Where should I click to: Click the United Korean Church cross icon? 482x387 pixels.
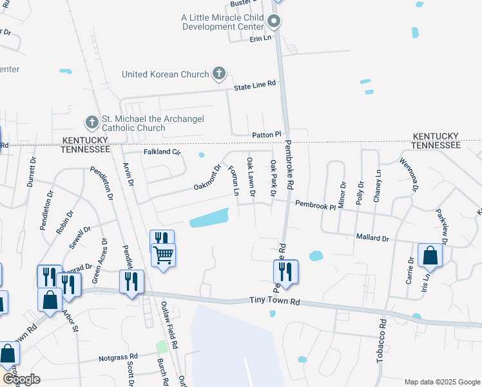point(218,74)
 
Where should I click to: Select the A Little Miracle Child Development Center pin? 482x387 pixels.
point(273,23)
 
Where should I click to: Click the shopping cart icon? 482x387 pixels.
point(164,255)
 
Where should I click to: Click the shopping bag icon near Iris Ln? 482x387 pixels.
point(430,255)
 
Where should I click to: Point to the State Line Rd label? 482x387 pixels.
point(255,84)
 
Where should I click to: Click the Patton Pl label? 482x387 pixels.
point(267,134)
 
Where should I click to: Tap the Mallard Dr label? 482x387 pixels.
point(373,238)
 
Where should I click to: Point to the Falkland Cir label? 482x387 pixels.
point(162,152)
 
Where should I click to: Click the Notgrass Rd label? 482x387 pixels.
point(118,357)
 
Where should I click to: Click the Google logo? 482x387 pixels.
point(22,379)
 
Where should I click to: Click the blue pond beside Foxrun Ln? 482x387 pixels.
point(210,219)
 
